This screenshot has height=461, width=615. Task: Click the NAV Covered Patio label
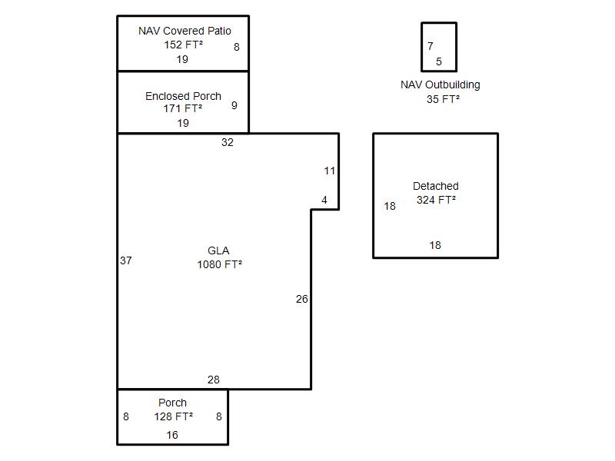[184, 31]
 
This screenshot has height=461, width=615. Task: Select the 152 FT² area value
[183, 45]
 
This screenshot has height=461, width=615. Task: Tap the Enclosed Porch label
[183, 96]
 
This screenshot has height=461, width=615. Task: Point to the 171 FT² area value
[183, 108]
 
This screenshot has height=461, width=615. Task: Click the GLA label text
[218, 250]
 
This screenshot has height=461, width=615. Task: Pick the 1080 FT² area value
[219, 264]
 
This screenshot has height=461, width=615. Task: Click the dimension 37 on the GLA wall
[126, 260]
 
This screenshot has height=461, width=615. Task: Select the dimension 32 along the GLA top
[228, 142]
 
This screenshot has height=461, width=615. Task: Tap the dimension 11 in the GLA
[330, 171]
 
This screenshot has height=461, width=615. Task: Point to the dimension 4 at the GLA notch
[324, 201]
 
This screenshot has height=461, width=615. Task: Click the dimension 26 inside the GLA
[302, 299]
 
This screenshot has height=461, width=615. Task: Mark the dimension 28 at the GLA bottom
[214, 380]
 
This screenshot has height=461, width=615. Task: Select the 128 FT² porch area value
[174, 416]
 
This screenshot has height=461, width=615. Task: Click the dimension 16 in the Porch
[172, 435]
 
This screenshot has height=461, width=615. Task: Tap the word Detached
[436, 186]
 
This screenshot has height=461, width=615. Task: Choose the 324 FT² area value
[436, 200]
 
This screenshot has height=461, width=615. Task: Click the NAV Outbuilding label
[440, 85]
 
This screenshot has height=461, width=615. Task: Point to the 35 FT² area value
[444, 99]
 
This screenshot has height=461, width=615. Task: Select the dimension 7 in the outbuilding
[430, 46]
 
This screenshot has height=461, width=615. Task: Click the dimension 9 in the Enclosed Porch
[234, 105]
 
